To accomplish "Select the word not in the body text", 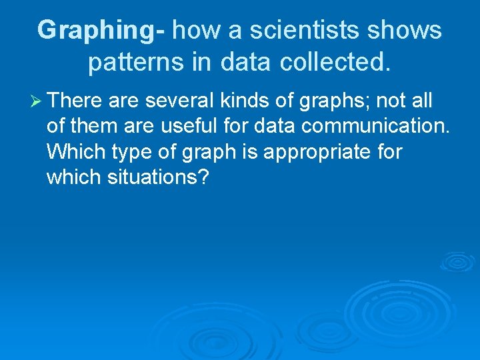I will pyautogui.click(x=391, y=101).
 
